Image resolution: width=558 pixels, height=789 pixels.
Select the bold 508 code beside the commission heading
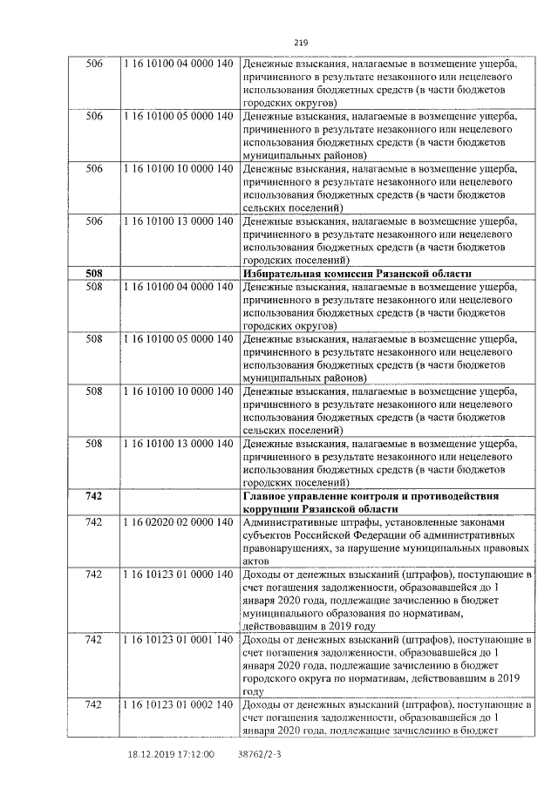click(94, 274)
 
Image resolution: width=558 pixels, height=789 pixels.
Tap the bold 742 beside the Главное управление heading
click(94, 496)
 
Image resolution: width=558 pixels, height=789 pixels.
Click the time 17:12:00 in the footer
click(197, 755)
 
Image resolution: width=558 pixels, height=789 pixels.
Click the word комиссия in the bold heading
click(349, 274)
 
